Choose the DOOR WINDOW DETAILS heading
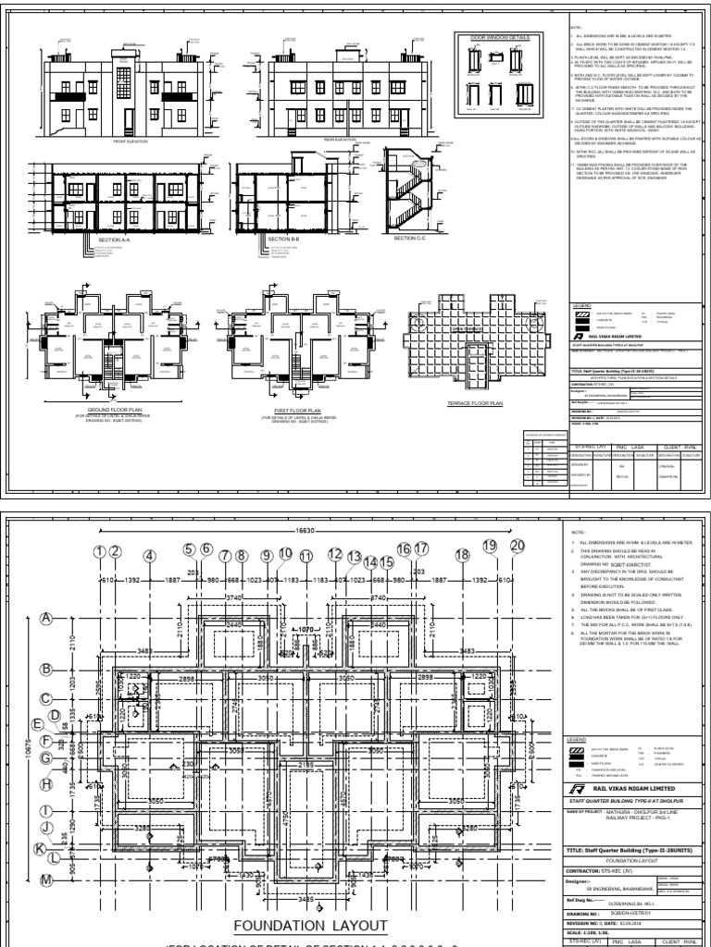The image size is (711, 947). click(499, 37)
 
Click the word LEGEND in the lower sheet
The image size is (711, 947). click(579, 740)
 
